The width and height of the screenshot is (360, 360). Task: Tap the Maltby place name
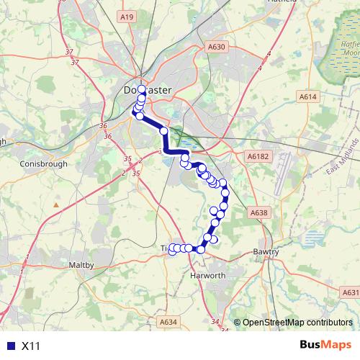[x=81, y=265]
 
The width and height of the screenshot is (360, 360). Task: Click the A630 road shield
[x=217, y=47]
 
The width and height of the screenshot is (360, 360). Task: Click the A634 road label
[x=168, y=321]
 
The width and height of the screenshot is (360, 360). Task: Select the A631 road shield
[x=350, y=292]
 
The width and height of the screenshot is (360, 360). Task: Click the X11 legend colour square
[x=10, y=346]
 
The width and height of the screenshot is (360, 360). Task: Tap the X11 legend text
[x=31, y=346]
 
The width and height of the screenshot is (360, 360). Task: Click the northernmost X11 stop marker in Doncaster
[x=142, y=90]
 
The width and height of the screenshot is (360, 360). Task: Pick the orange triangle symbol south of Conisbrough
[x=56, y=205]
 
